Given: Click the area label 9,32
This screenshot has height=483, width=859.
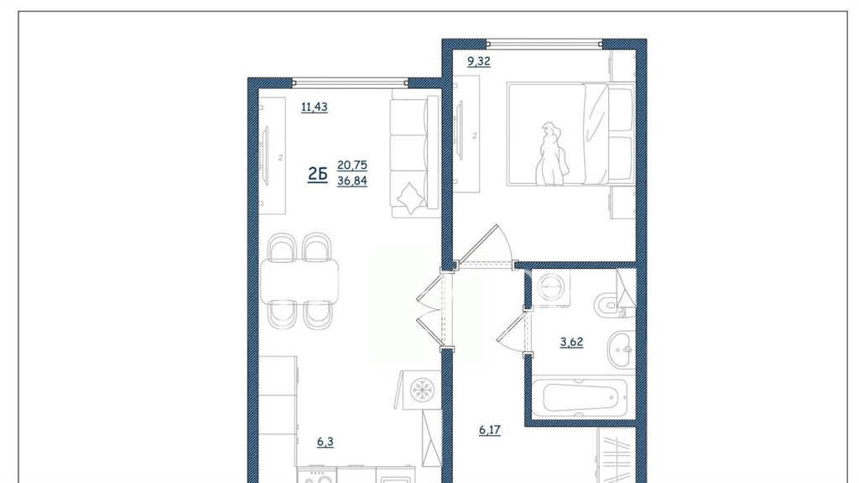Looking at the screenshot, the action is pyautogui.click(x=478, y=61).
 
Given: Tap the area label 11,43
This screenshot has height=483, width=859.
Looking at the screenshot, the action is pyautogui.click(x=315, y=107).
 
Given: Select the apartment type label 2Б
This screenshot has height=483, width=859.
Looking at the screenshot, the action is pyautogui.click(x=317, y=175).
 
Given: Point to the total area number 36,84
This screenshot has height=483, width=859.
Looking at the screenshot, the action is pyautogui.click(x=352, y=181).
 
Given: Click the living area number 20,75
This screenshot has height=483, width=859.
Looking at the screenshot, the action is pyautogui.click(x=352, y=165).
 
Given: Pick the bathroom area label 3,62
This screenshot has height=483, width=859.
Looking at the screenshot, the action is pyautogui.click(x=571, y=342).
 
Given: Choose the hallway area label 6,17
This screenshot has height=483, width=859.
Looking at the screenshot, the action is pyautogui.click(x=490, y=430).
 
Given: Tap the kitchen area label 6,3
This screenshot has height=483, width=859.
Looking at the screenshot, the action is pyautogui.click(x=325, y=442).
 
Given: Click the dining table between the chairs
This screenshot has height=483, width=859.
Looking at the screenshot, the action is pyautogui.click(x=299, y=281).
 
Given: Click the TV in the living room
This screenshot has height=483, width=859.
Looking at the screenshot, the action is pyautogui.click(x=266, y=156).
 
